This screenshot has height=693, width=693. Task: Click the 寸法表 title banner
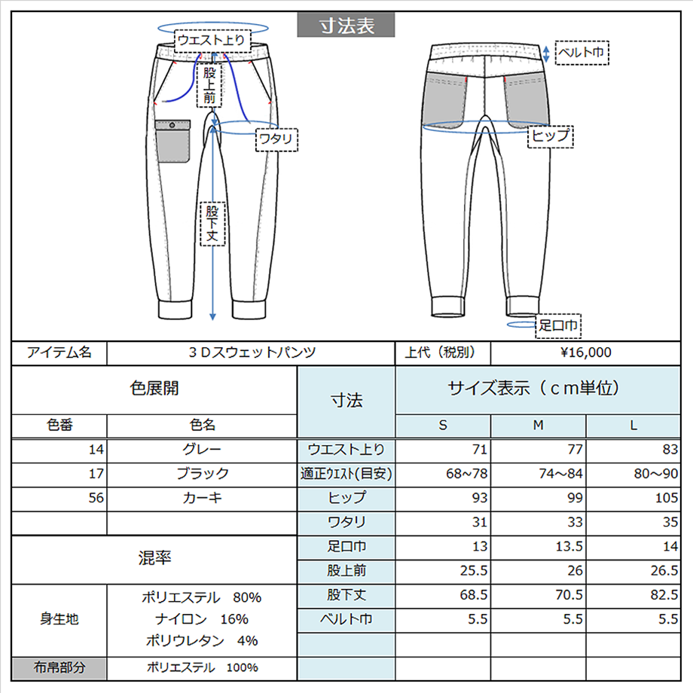pyautogui.click(x=346, y=25)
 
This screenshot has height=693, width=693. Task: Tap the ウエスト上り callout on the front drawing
pyautogui.click(x=212, y=41)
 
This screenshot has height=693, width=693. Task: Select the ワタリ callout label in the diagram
pyautogui.click(x=276, y=139)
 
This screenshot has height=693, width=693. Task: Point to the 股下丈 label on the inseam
pyautogui.click(x=212, y=224)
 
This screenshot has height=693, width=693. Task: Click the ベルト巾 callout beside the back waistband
pyautogui.click(x=582, y=53)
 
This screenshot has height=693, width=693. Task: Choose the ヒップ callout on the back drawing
pyautogui.click(x=550, y=136)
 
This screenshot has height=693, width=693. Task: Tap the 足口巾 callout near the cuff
pyautogui.click(x=557, y=326)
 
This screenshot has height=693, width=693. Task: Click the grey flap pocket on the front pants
pyautogui.click(x=172, y=141)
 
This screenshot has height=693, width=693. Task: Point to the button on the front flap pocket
pyautogui.click(x=172, y=126)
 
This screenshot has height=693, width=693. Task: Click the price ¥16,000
pyautogui.click(x=585, y=353)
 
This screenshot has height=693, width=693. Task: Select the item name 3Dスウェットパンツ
pyautogui.click(x=252, y=353)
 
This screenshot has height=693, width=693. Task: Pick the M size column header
pyautogui.click(x=538, y=425)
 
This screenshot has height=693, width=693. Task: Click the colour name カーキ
pyautogui.click(x=202, y=498)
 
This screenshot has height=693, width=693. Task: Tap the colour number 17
pyautogui.click(x=96, y=474)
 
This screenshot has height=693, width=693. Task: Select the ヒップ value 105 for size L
pyautogui.click(x=666, y=498)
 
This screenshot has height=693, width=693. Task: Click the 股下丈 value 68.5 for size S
pyautogui.click(x=473, y=595)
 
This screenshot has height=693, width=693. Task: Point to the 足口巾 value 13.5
pyautogui.click(x=569, y=547)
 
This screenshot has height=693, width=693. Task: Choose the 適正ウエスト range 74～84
pyautogui.click(x=560, y=474)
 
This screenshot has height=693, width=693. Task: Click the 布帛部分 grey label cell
pyautogui.click(x=60, y=668)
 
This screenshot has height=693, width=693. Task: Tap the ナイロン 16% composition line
pyautogui.click(x=202, y=619)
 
